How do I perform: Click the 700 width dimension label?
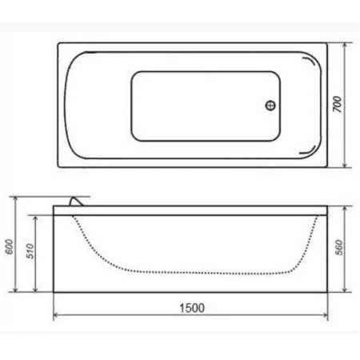(x=338, y=104)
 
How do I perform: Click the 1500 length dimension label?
(x=192, y=308)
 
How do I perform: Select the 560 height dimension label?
(x=339, y=247)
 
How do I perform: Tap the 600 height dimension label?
(x=9, y=246)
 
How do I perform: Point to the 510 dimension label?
(x=30, y=251)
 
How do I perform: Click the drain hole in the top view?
(x=270, y=106)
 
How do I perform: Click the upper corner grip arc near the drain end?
(x=310, y=61)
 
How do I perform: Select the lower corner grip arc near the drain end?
(x=310, y=150)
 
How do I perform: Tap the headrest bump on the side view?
(x=76, y=202)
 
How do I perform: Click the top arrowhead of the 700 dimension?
(x=345, y=46)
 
